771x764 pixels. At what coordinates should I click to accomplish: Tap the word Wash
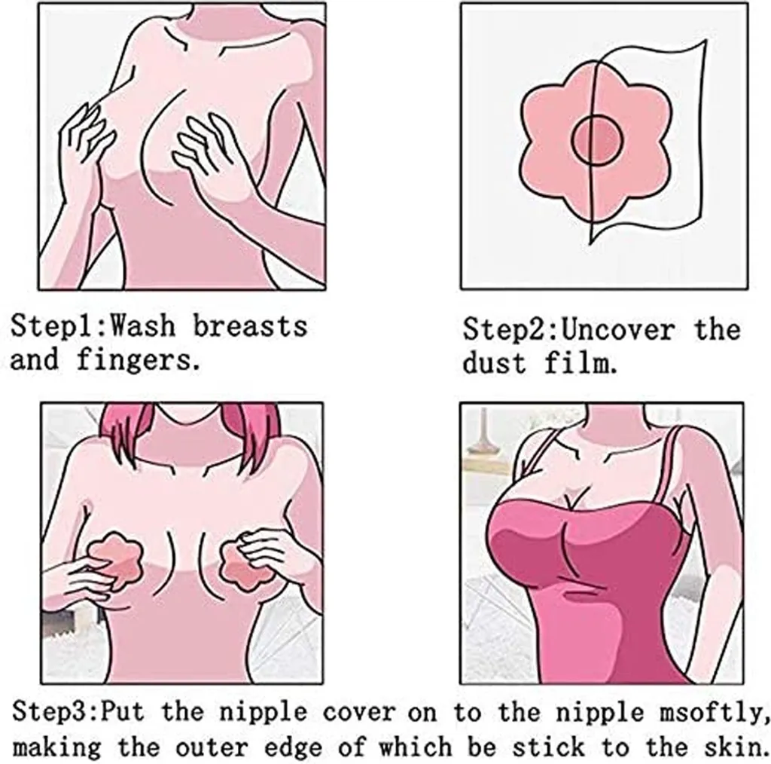tap(142, 325)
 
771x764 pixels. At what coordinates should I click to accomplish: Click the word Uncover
tap(617, 329)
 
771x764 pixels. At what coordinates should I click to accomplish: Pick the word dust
tap(494, 363)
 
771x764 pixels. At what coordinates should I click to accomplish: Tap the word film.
tap(581, 363)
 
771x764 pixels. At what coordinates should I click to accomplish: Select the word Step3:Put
tap(78, 712)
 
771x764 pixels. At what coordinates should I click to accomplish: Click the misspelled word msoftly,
tap(715, 713)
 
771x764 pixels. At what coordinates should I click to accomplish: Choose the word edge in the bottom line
tap(293, 747)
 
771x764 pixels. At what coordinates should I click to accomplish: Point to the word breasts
tap(250, 325)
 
